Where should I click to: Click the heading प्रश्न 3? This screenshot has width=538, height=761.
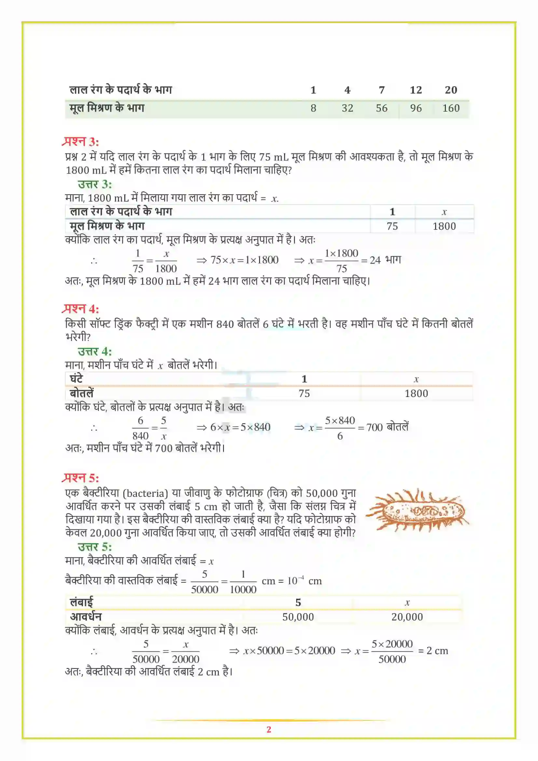click(80, 142)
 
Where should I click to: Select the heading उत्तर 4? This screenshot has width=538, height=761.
click(94, 351)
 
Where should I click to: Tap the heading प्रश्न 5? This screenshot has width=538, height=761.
click(80, 478)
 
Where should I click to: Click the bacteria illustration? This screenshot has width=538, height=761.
click(417, 511)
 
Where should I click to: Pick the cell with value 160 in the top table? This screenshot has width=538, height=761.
click(451, 108)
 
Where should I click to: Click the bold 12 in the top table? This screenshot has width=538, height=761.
click(416, 90)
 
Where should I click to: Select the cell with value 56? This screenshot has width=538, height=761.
click(381, 108)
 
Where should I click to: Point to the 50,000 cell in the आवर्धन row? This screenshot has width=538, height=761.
click(298, 617)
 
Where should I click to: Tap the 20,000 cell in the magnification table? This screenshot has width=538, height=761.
click(407, 617)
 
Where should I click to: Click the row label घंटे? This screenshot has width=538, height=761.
click(76, 379)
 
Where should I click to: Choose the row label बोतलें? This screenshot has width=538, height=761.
click(82, 393)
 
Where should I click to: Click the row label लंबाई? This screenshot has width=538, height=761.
click(82, 602)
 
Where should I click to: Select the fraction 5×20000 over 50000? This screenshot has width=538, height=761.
click(392, 651)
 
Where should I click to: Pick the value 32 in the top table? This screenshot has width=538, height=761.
click(347, 108)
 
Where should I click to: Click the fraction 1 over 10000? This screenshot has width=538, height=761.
click(243, 582)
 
